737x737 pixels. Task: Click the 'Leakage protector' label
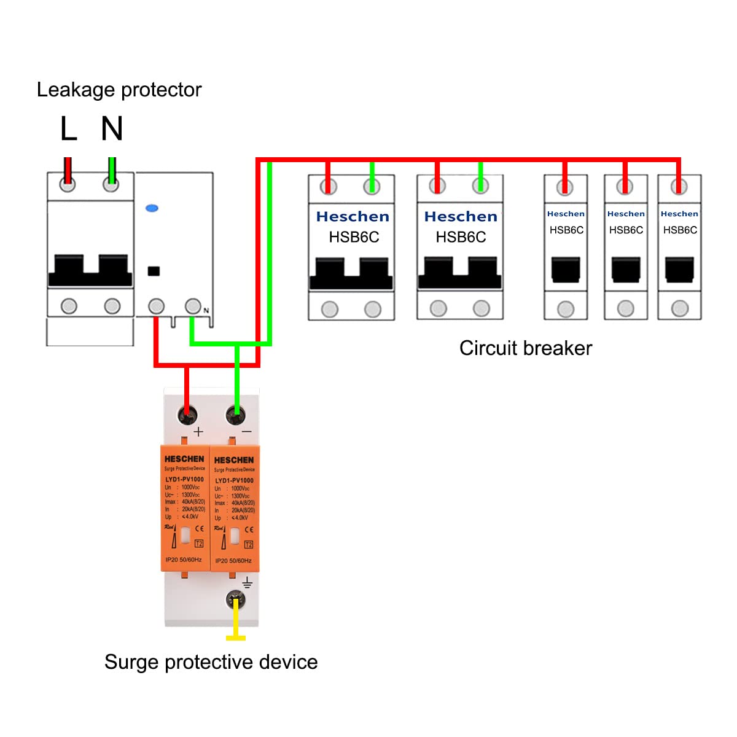coord(119,90)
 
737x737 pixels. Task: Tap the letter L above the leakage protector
coord(69,128)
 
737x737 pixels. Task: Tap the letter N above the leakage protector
coord(112,128)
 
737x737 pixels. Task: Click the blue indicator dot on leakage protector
coord(152,208)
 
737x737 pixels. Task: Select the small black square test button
coord(154,271)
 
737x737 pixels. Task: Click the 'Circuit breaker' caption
coord(526,348)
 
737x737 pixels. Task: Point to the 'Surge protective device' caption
coord(211,662)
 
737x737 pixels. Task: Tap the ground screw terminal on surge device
coord(236,599)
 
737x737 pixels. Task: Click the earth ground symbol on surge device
coord(247,583)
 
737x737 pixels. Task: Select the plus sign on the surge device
coord(198,432)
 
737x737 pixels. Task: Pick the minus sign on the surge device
coord(246,432)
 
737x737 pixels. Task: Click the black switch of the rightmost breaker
coord(679,270)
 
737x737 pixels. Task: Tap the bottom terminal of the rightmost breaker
coord(679,308)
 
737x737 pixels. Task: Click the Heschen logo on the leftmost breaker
coord(353,217)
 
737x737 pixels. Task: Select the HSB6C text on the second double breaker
coord(461,237)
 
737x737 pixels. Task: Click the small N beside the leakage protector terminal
coord(206,311)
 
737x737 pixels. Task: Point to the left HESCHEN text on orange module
coord(184,459)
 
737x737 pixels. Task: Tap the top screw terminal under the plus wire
coord(187,415)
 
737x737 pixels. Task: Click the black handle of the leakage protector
coord(90,271)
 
